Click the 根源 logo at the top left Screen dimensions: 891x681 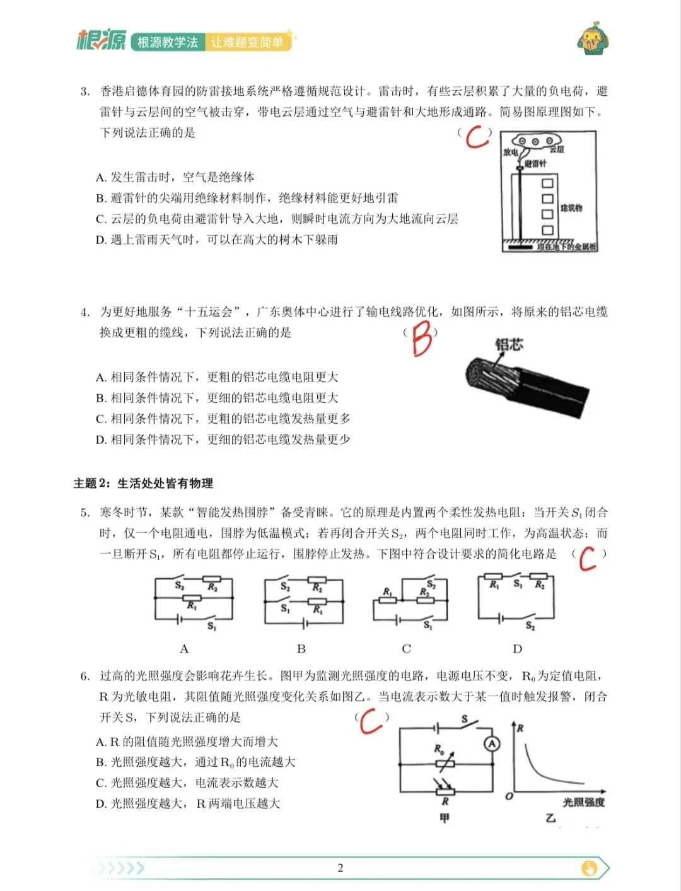pos(101,40)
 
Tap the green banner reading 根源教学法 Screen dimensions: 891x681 pos(168,42)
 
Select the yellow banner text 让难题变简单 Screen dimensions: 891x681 pos(247,42)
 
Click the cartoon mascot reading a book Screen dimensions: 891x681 pos(592,40)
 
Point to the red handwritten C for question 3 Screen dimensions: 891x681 pos(477,137)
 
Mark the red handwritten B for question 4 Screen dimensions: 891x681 pos(421,339)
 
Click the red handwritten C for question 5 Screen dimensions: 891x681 pos(587,558)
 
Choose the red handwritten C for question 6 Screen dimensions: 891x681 pos(371,721)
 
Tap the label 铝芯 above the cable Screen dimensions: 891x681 pos(509,344)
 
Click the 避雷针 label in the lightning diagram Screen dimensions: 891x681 pos(535,163)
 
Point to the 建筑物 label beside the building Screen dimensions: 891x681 pos(571,208)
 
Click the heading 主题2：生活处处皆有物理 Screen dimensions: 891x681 pos(143,484)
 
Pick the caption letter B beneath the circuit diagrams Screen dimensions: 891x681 pos(301,649)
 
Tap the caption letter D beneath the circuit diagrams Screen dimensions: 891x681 pos(517,649)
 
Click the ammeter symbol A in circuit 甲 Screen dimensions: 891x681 pos(492,744)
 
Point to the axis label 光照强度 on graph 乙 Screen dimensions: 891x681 pos(583,802)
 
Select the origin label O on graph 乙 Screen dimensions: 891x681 pos(509,796)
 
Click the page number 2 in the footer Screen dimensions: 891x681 pos(340,868)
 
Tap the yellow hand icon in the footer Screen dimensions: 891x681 pos(589,868)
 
